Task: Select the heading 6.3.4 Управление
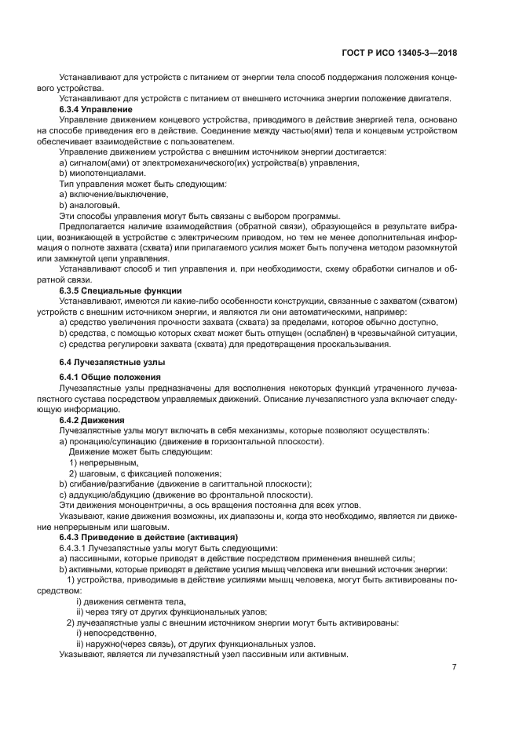[x=96, y=109]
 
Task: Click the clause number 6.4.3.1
[x=76, y=547]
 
